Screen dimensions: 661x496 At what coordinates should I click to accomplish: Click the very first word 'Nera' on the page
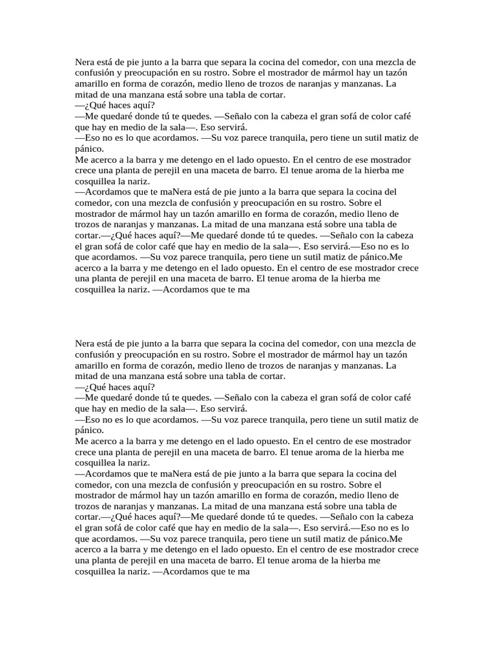(85, 62)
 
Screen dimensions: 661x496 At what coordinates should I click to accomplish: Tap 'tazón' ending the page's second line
(395, 74)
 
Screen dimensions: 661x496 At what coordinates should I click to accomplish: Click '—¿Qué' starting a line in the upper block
(89, 105)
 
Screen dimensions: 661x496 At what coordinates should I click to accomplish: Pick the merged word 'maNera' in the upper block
(176, 192)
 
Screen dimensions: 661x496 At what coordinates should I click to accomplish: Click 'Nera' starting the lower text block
(85, 343)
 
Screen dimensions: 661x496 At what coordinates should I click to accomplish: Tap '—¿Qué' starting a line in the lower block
(89, 387)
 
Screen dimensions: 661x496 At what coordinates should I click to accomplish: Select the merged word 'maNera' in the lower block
(176, 474)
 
